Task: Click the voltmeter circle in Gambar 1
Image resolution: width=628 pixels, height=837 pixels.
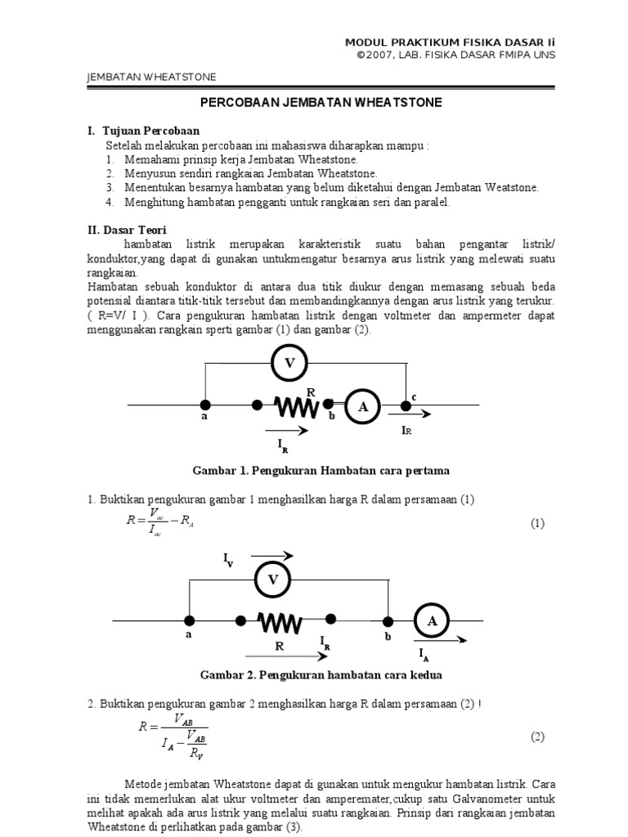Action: pos(289,363)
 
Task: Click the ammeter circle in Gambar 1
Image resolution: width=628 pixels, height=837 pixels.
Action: pos(363,406)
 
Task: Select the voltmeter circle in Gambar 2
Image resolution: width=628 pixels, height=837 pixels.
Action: pos(273,580)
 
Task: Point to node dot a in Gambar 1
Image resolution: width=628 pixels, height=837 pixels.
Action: pos(204,405)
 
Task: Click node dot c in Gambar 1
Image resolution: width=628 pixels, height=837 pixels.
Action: pos(406,405)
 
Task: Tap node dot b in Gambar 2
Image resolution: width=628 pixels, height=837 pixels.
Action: pos(388,622)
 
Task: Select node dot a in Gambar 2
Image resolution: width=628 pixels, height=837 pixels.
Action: pos(189,622)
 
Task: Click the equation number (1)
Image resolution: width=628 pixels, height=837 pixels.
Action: pos(536,523)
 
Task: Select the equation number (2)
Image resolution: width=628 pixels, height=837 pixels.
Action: pos(536,736)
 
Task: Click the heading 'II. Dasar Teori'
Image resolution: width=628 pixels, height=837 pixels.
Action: pos(127,231)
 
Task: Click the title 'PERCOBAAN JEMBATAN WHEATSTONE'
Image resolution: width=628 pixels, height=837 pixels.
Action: pos(321,104)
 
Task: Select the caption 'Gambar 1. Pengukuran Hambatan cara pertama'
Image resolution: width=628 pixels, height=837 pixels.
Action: pos(321,471)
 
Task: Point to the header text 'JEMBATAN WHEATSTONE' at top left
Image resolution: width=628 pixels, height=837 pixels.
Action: pos(151,77)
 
